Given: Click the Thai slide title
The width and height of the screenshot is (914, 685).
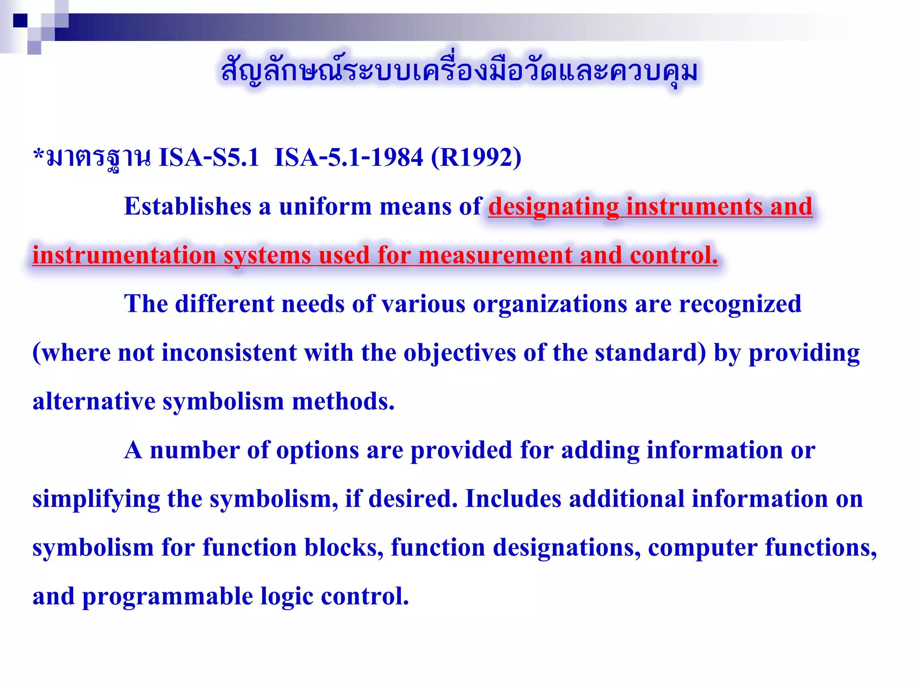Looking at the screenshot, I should tap(460, 71).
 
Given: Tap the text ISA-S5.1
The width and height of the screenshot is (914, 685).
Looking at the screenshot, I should tap(209, 157).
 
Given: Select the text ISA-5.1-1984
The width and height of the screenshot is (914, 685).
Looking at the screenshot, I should tap(349, 157).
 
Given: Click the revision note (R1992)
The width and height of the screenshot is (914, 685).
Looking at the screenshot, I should tap(476, 157).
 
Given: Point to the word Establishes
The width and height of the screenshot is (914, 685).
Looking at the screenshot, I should tap(187, 206).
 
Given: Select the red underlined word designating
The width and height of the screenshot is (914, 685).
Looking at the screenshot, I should tap(553, 206).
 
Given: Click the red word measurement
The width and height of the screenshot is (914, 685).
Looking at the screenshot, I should tap(495, 256).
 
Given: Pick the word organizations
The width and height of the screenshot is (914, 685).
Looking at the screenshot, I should tap(550, 304).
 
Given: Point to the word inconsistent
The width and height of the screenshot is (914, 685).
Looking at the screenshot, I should tap(228, 353).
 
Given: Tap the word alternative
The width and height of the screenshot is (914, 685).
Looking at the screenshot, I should tap(94, 401).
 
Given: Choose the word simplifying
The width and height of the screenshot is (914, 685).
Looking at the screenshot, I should tap(96, 499).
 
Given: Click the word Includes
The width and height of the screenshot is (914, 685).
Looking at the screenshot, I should tap(513, 499).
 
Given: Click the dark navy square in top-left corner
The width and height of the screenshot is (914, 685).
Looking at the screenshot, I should tap(20, 21).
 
